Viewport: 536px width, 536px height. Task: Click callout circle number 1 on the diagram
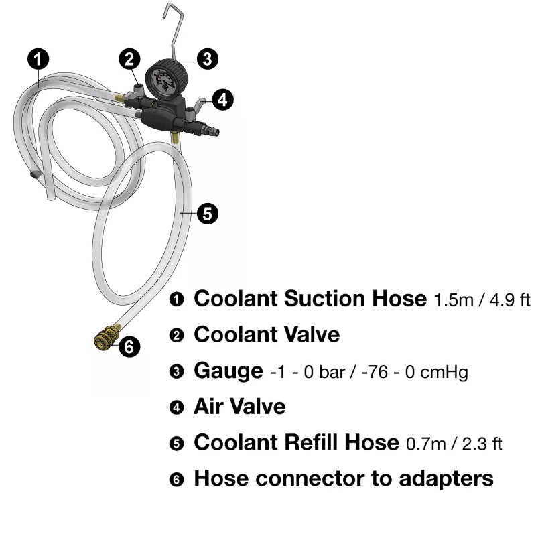pyautogui.click(x=38, y=59)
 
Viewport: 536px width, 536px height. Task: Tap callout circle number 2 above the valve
pyautogui.click(x=129, y=59)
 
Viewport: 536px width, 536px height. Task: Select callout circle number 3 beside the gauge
pyautogui.click(x=208, y=59)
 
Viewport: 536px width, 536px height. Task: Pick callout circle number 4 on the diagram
pyautogui.click(x=222, y=100)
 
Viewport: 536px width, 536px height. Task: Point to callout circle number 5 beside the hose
pyautogui.click(x=208, y=214)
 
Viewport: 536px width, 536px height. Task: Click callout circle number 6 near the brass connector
pyautogui.click(x=129, y=346)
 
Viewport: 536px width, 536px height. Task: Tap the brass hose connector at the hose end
pyautogui.click(x=107, y=336)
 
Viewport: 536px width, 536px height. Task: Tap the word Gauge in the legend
pyautogui.click(x=228, y=371)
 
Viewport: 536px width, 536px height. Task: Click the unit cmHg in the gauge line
pyautogui.click(x=444, y=372)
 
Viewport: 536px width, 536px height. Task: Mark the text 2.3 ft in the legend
pyautogui.click(x=482, y=444)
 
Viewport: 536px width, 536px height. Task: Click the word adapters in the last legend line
pyautogui.click(x=446, y=479)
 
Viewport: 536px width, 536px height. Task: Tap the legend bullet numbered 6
pyautogui.click(x=176, y=479)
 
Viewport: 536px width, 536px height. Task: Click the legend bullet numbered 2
pyautogui.click(x=176, y=335)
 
